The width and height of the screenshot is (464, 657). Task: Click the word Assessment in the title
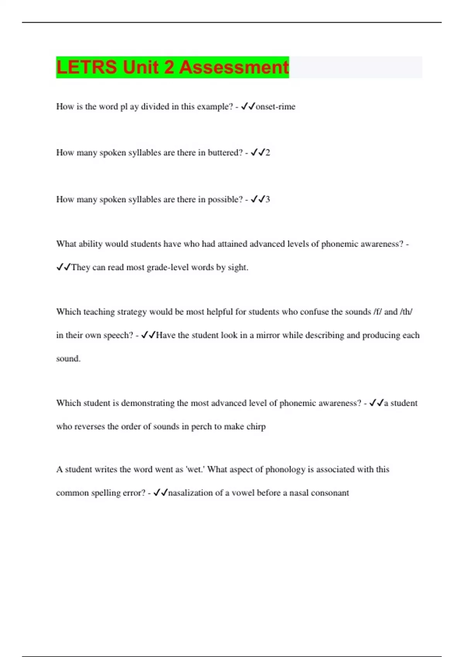[234, 67]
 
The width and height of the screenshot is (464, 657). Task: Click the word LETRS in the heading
[87, 67]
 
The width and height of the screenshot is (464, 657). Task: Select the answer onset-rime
[275, 107]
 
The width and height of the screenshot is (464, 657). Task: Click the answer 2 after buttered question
[268, 153]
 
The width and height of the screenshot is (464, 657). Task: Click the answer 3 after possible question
[268, 199]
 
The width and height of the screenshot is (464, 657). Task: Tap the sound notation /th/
[406, 312]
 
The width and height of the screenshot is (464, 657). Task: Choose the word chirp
[256, 427]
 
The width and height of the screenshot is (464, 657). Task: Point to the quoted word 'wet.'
[195, 470]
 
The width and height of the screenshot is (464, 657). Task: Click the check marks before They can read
[63, 267]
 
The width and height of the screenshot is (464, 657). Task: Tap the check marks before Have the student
[148, 335]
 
